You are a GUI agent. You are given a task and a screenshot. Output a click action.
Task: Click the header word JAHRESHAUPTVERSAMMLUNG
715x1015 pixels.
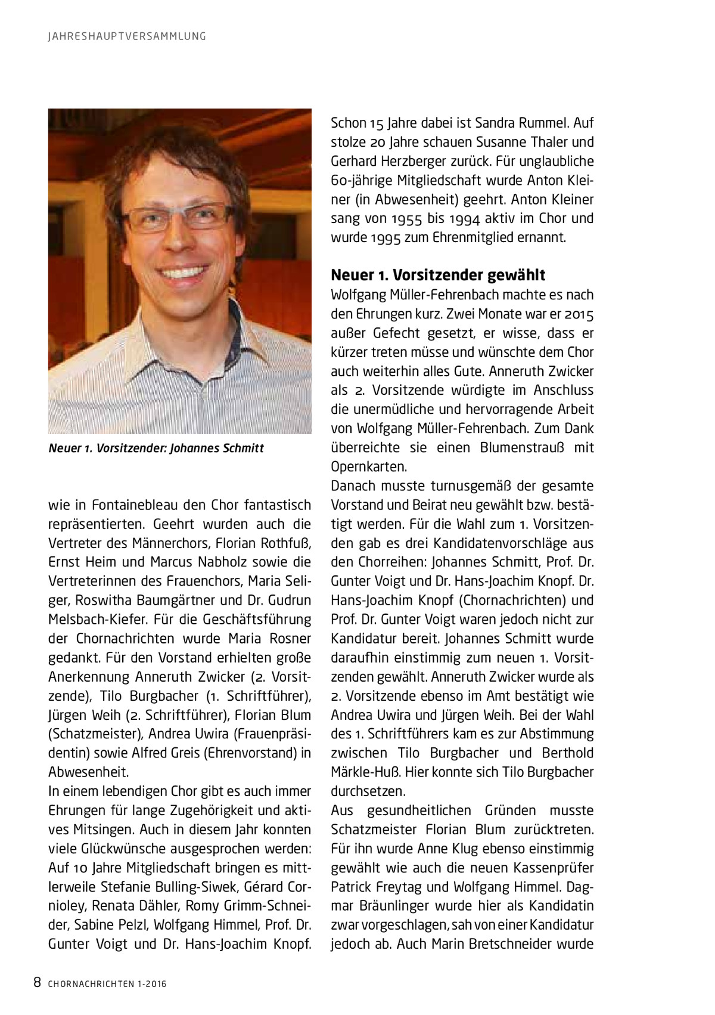click(x=127, y=36)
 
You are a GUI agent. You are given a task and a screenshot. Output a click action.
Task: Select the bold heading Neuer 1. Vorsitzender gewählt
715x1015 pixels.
click(x=438, y=275)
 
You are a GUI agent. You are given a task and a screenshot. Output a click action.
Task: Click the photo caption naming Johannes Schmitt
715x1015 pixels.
click(x=156, y=448)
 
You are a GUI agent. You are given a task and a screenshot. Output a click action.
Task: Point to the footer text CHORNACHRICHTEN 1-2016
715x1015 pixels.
click(x=107, y=984)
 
